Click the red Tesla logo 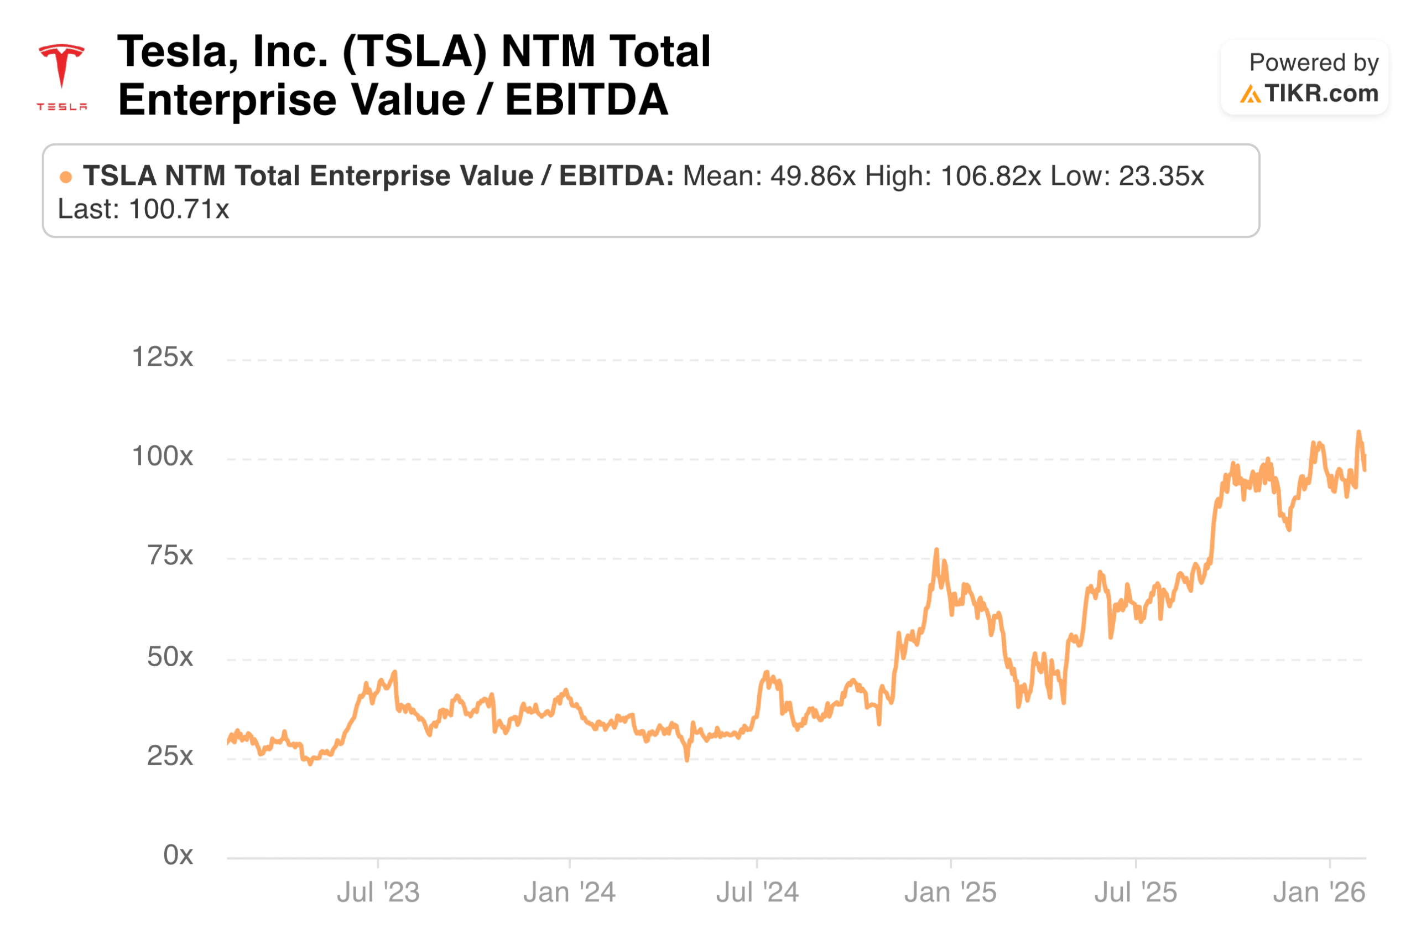(61, 75)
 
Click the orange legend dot (66, 177)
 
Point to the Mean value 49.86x (813, 176)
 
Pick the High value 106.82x (990, 176)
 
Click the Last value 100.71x (179, 210)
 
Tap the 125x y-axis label (162, 357)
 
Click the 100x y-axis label (162, 457)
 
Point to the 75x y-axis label (170, 555)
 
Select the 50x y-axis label (170, 657)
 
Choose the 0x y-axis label (178, 855)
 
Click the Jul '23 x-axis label (377, 892)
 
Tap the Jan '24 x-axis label (569, 892)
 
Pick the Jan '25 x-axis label (950, 892)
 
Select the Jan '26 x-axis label (1318, 892)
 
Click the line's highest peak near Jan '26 (1357, 432)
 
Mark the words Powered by (1313, 63)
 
